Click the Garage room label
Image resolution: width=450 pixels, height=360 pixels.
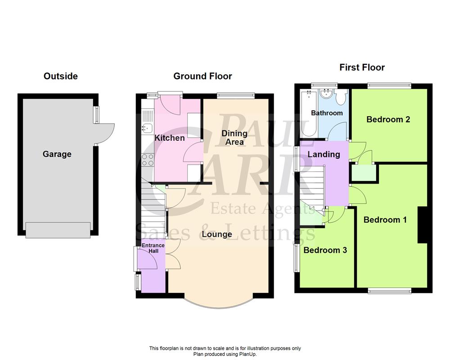click(x=57, y=154)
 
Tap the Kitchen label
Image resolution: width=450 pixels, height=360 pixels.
click(x=170, y=138)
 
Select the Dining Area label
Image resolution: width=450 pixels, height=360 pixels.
click(x=234, y=137)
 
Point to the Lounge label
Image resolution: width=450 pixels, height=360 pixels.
click(x=216, y=234)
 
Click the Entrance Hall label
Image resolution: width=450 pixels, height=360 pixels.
click(x=153, y=248)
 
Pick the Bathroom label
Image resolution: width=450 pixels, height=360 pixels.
click(x=327, y=113)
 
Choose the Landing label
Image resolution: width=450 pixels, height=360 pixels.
click(x=324, y=154)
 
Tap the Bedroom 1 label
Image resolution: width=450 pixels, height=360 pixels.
click(x=385, y=220)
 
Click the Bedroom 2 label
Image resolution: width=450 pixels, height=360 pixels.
click(x=388, y=119)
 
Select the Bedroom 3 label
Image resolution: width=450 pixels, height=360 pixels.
click(x=325, y=250)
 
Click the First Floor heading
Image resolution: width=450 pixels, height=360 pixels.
click(x=362, y=67)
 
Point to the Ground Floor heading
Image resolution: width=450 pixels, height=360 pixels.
click(x=203, y=76)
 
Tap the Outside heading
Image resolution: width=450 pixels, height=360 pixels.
click(x=61, y=76)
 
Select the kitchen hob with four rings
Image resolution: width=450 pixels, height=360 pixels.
click(x=148, y=159)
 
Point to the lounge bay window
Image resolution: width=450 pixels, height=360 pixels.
click(x=219, y=306)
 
